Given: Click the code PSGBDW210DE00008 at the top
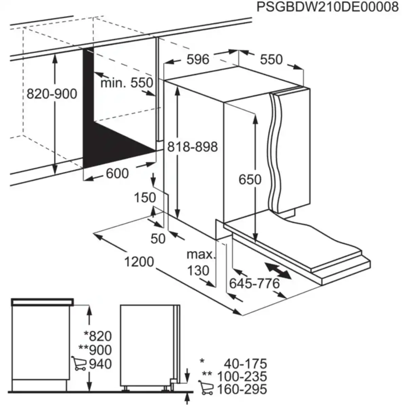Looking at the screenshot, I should click(327, 7).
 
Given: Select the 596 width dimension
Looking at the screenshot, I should click(198, 59).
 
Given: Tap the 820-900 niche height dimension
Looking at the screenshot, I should click(52, 94).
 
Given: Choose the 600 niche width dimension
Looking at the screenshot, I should click(117, 174).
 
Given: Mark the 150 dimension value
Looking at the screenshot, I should click(145, 197).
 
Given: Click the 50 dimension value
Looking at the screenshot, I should click(158, 239).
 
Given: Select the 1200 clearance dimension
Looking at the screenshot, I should click(139, 262).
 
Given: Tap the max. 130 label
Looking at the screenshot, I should click(201, 262).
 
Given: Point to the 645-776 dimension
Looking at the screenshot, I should click(254, 283).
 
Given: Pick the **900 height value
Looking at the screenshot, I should click(95, 350).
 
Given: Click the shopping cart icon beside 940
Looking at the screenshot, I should click(79, 363).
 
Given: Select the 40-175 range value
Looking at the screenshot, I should click(245, 364).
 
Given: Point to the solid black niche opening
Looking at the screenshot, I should click(102, 136).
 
